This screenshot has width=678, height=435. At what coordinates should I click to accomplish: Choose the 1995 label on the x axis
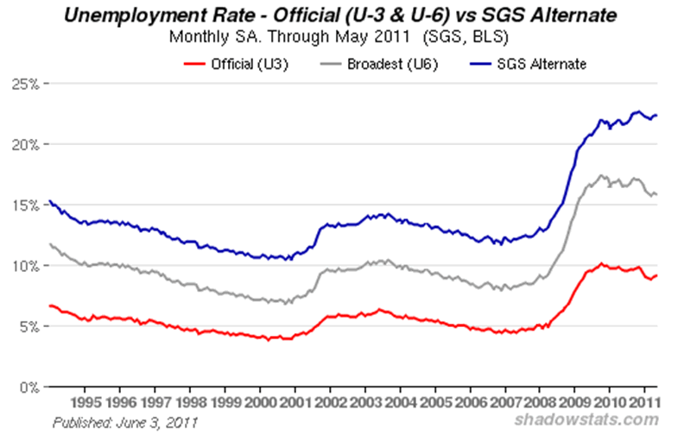tap(84, 402)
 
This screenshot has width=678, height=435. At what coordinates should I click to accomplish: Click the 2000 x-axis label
tap(259, 402)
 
